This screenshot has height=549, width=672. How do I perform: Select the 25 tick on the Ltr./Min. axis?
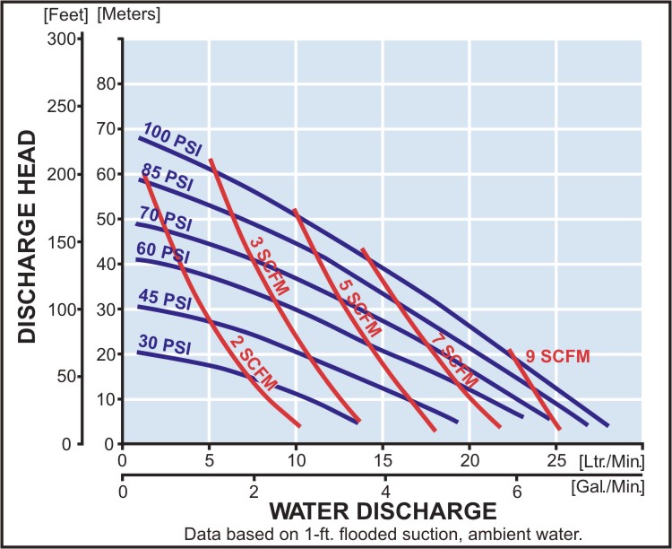[x=556, y=460]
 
